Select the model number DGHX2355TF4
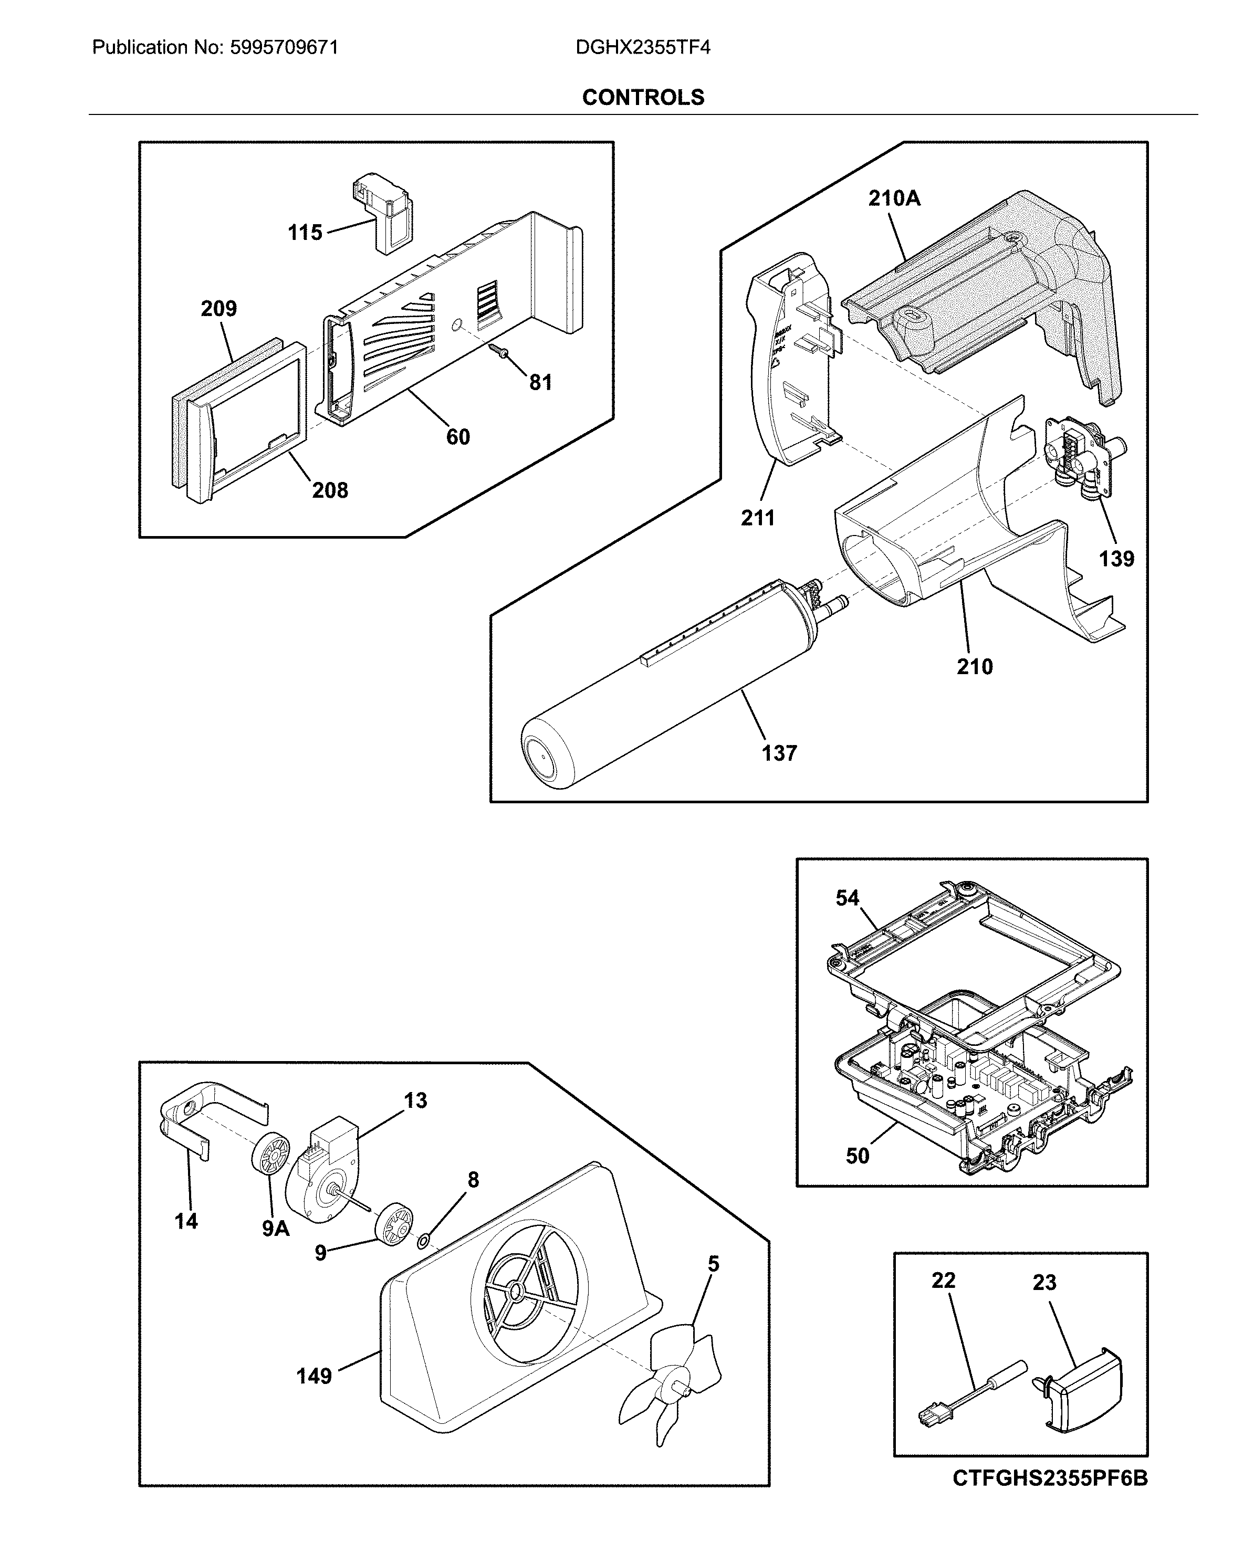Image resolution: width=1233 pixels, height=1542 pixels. pos(642,48)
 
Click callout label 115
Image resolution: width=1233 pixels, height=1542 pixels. pos(305,233)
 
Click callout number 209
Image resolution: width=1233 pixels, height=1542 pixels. pos(218,308)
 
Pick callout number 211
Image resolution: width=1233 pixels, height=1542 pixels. pos(757,517)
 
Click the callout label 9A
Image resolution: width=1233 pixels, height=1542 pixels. pos(275,1229)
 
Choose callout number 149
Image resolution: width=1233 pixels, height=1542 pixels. pos(314,1376)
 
